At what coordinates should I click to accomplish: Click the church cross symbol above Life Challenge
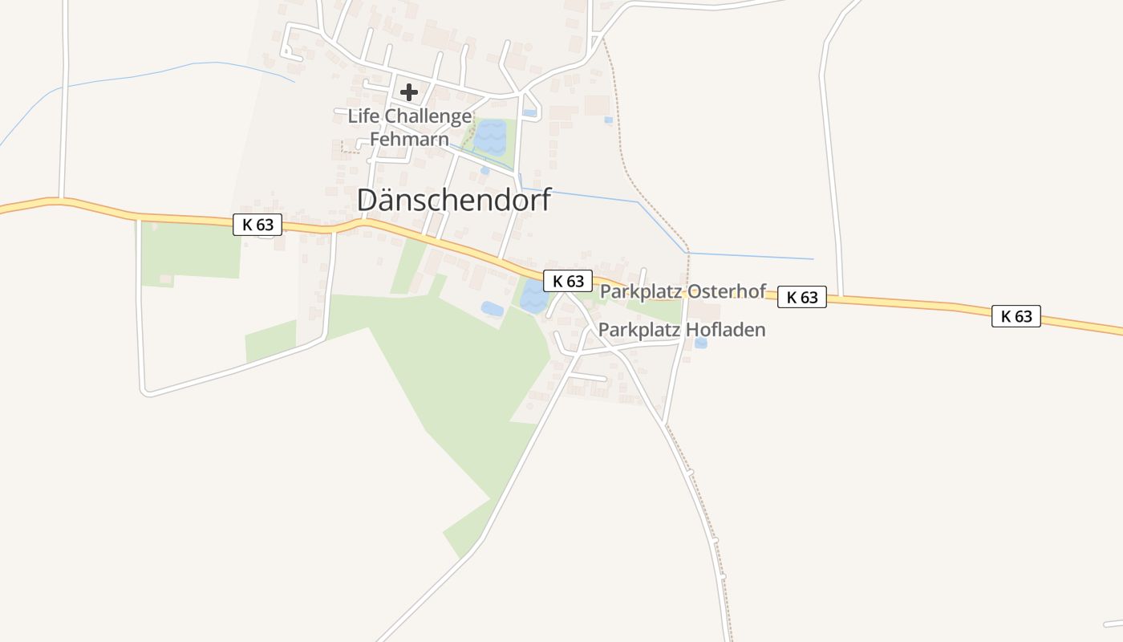coord(409,92)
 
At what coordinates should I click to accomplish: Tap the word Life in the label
coord(363,116)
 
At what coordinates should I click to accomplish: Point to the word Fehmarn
coord(409,139)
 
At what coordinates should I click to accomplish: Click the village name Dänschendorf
coord(454,200)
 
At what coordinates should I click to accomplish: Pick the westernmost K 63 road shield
coord(257,225)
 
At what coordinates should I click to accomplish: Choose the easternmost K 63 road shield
coord(1016,316)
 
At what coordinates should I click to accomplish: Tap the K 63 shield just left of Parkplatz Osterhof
coord(568,281)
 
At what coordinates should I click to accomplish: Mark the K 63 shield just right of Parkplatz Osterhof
coord(802,297)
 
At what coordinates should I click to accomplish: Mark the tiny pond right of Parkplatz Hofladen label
coord(701,343)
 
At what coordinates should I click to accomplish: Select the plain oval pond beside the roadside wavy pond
coord(492,309)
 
